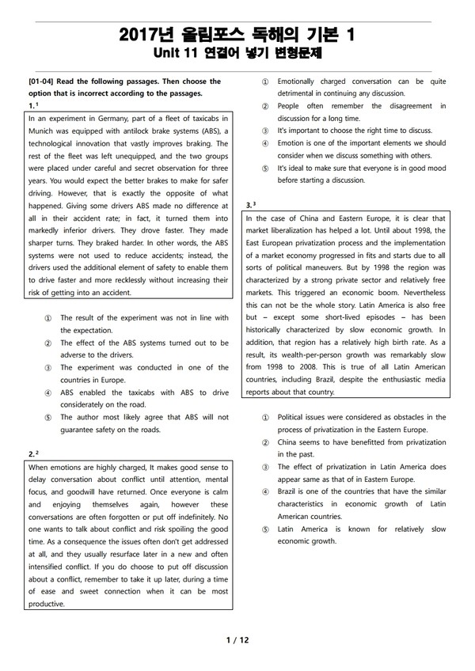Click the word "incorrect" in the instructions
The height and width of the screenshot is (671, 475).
coord(89,93)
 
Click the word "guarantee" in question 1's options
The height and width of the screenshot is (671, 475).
coord(81,430)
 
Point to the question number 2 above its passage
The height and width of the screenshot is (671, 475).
coord(30,453)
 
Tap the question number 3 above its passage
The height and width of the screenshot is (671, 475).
coord(249,204)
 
